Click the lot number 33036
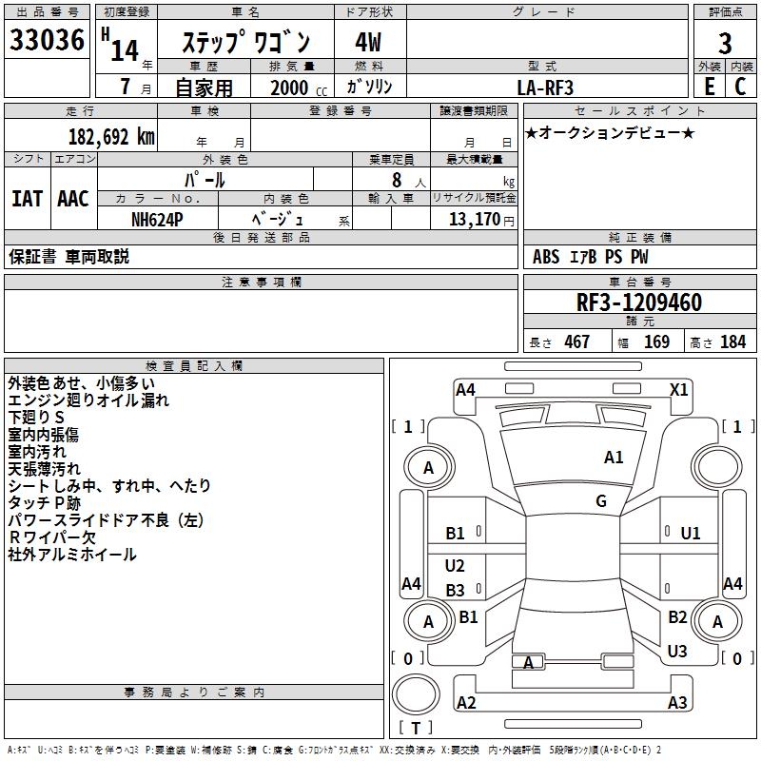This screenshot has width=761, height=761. pos(47,41)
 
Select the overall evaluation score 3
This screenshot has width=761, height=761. pos(725,43)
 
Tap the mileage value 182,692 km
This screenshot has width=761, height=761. pos(111,136)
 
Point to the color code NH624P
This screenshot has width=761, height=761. pos(157,219)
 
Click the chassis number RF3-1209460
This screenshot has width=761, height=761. pos(639,302)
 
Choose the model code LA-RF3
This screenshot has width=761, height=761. pos(545,87)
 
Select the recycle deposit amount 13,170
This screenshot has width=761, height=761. pos(475,220)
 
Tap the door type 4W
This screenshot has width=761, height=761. pos(368,43)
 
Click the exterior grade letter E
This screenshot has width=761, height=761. pos(709,87)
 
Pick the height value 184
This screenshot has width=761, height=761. pos(732,342)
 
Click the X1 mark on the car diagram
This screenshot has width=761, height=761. pos(679,389)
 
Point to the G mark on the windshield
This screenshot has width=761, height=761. pos(601,501)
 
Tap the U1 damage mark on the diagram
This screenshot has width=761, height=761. pos(691,534)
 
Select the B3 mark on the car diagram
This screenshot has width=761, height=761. pos(456,590)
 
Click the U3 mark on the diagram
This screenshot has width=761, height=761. pos(677,652)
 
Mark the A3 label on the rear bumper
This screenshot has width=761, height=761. pos(677,703)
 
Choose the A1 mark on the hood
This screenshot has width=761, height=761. pos(614,458)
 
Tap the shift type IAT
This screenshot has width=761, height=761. pos(27,199)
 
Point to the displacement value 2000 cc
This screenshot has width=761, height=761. pos(296,88)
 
